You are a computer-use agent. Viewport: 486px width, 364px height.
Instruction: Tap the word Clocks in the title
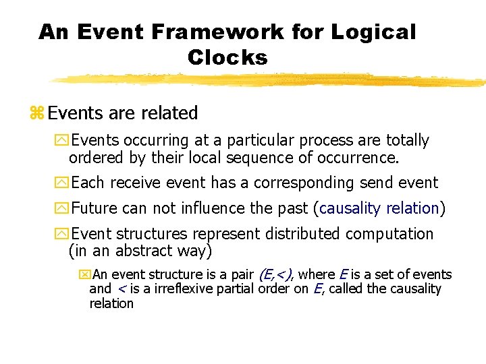point(227,58)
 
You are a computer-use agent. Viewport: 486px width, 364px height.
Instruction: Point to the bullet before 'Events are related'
point(36,113)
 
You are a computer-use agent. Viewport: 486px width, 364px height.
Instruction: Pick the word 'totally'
point(407,141)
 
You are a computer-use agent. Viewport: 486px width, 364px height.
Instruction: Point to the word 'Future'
point(94,208)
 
